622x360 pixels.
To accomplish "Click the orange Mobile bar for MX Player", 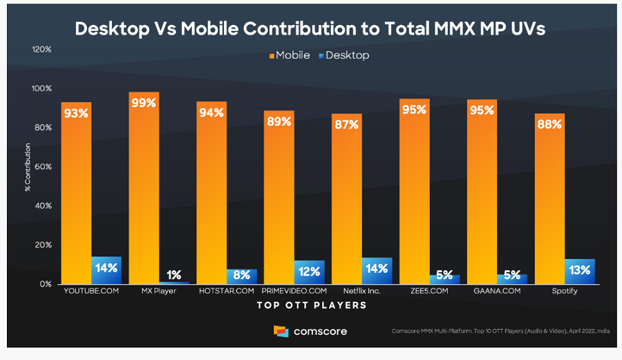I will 144,187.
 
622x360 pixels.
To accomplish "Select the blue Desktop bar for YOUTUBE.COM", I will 106,270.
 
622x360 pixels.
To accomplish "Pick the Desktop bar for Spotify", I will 579,271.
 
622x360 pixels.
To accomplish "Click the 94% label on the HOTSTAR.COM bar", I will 211,113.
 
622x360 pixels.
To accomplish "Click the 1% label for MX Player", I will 173,275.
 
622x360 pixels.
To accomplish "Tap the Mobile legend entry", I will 290,55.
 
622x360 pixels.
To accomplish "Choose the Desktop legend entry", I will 344,55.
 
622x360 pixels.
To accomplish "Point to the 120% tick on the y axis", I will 41,50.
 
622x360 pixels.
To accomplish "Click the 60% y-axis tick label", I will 43,167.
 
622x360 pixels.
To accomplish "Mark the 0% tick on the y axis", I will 45,284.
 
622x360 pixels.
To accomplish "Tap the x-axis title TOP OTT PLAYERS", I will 312,305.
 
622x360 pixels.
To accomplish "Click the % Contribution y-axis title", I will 28,167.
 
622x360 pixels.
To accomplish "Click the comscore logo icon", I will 281,332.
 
